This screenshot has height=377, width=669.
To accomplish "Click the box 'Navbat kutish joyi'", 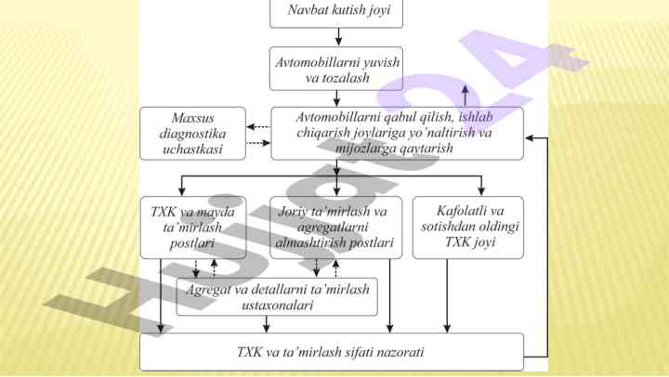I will [336, 13].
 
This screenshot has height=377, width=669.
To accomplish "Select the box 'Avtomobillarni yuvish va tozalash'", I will [336, 69].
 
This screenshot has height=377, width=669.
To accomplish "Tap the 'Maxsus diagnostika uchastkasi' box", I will [192, 133].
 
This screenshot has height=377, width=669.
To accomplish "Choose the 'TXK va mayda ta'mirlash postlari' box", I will [192, 227].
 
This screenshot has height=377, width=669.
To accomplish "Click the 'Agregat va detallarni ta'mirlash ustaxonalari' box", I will [278, 296].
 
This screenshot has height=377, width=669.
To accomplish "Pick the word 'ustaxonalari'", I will [277, 304].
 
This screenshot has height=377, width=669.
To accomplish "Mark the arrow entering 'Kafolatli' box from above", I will [480, 185].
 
